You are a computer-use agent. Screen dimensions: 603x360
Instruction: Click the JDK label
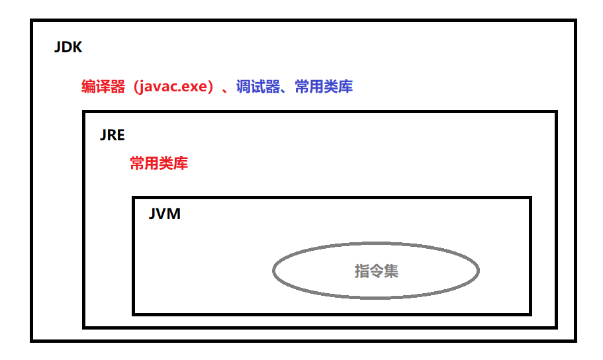[x=68, y=48]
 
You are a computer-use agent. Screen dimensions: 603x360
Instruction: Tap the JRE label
[x=112, y=135]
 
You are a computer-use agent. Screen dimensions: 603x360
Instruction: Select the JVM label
[x=164, y=215]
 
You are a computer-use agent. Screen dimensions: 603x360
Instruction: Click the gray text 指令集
[x=376, y=271]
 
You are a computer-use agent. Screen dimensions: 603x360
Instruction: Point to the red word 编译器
[x=103, y=87]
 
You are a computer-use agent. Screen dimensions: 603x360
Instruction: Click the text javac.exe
[x=173, y=87]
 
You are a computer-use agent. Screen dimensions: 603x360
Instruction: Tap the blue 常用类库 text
[x=324, y=87]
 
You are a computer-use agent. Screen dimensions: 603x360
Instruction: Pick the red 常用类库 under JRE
[x=159, y=163]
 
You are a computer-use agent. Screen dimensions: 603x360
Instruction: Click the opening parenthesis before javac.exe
[x=130, y=87]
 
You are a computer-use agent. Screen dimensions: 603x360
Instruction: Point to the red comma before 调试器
[x=227, y=90]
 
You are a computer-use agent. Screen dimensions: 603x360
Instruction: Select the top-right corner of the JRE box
[x=555, y=112]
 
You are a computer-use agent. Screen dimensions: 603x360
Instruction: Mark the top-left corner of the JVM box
[x=134, y=198]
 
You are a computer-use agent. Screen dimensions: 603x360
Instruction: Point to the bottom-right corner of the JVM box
[x=530, y=313]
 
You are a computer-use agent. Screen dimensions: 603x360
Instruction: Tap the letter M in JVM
[x=173, y=215]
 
